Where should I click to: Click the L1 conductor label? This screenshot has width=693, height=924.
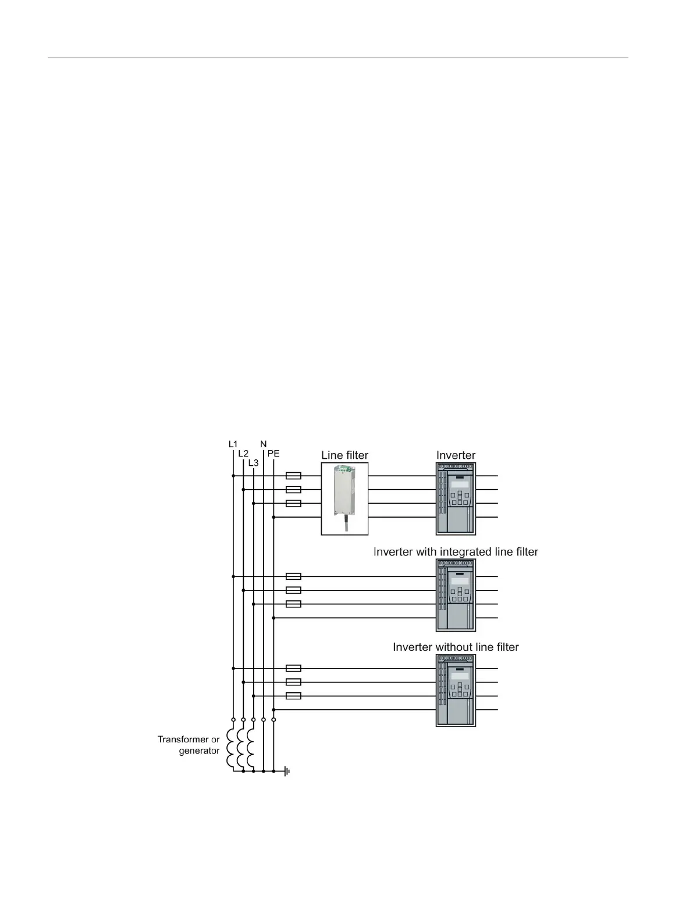pos(233,444)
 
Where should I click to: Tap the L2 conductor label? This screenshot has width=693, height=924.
pos(243,454)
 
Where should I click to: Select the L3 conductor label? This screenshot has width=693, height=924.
pos(253,463)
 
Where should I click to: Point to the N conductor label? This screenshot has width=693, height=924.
pos(264,444)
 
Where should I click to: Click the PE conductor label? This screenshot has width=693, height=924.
pos(273,454)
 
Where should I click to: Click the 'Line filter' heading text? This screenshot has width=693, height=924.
pos(344,455)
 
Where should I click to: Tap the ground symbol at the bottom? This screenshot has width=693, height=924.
pos(287,771)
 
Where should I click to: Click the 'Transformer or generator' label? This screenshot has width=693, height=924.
pos(189,745)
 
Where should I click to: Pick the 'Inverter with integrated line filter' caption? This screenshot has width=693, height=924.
pos(456,551)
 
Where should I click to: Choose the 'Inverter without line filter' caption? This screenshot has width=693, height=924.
pos(456,647)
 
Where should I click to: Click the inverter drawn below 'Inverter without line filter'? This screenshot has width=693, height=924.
pos(456,690)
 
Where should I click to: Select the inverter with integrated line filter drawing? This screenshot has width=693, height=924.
pos(456,595)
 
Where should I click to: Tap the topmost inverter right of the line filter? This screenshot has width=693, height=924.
pos(456,498)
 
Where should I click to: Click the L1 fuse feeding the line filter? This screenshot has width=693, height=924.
pos(294,476)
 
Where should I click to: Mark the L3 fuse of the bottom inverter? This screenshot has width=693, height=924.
pos(294,696)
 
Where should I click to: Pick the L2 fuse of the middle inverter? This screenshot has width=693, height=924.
pos(294,590)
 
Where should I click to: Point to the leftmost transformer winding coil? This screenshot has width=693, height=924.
pos(231,748)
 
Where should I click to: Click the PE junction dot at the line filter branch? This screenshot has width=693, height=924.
pos(273,517)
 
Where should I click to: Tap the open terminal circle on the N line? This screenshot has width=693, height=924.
pos(264,720)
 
